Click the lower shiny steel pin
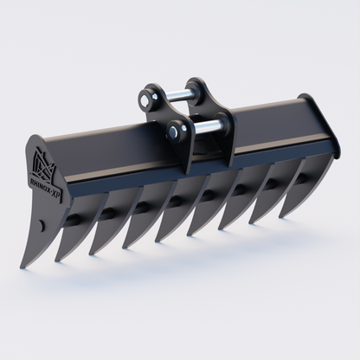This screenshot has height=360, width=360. point(204,131)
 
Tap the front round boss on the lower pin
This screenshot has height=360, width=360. point(179,132)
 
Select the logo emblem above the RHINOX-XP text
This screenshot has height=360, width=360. point(43,163)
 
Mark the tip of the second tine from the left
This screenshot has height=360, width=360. point(57,260)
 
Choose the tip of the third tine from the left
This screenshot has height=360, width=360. point(93,254)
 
